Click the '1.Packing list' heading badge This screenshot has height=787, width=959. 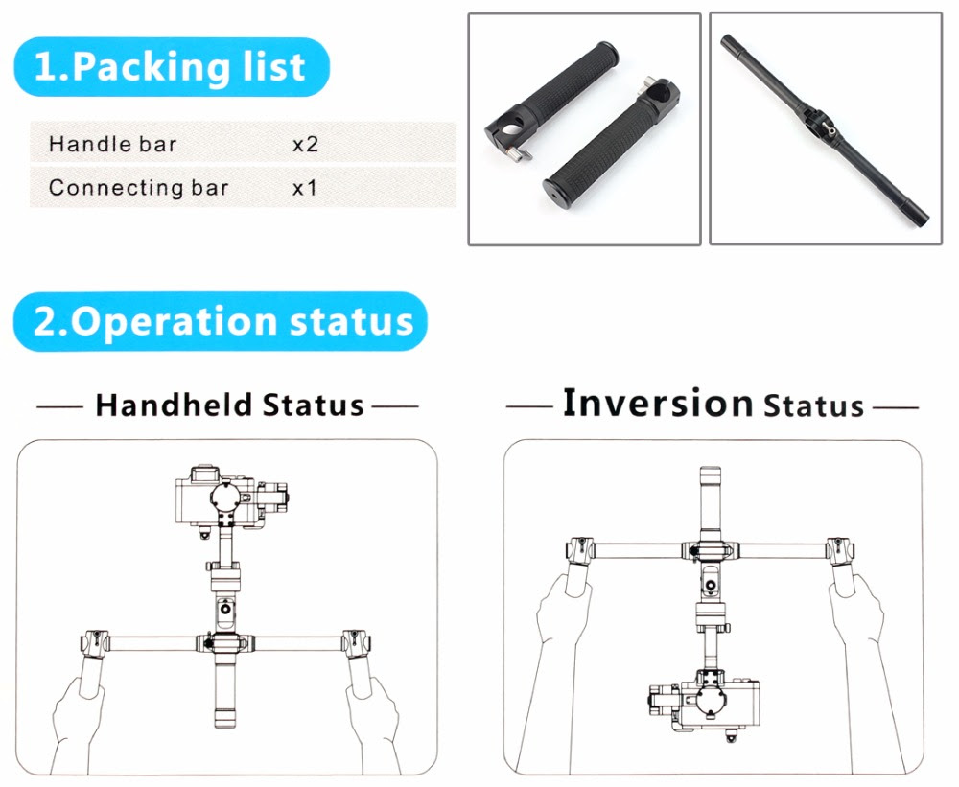(172, 67)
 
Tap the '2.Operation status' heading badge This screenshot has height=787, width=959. (221, 322)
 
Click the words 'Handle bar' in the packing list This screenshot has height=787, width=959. (112, 145)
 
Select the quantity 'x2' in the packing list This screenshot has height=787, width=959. (305, 145)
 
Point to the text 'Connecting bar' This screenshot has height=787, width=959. (139, 187)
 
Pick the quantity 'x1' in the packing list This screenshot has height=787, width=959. (305, 188)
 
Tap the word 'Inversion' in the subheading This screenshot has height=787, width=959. (658, 403)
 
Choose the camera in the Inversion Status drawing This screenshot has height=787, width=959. (705, 702)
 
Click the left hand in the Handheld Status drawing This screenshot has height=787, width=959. (78, 722)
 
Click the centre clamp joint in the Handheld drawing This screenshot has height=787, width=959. (223, 643)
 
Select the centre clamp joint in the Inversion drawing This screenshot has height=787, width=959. (710, 550)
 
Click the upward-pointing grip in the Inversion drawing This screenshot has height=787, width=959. (710, 502)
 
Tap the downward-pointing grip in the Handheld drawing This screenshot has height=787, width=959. (224, 691)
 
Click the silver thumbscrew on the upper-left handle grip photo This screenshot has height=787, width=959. (519, 153)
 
